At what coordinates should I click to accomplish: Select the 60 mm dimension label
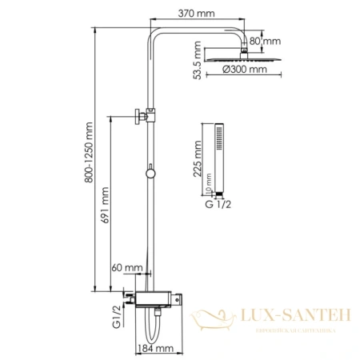pos(128,268)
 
